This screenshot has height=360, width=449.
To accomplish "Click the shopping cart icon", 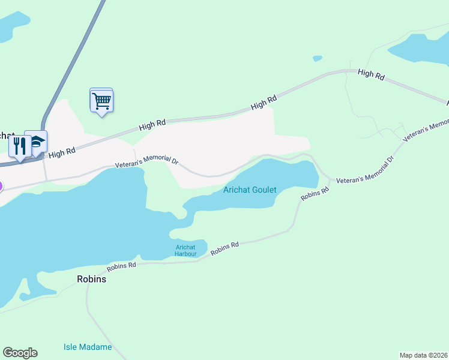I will point(102,101).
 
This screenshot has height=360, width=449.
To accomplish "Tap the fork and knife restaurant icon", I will point(20,146).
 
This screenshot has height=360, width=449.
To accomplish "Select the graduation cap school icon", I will point(37,143).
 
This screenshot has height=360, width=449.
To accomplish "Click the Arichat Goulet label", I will point(250,190).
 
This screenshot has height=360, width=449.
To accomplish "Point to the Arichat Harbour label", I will point(186,251).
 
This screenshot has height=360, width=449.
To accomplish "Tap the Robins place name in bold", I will point(91,279).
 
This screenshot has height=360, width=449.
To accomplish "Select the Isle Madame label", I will point(88,347).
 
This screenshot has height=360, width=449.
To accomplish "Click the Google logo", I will point(20,353).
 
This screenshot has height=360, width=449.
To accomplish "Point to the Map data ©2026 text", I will point(423,355).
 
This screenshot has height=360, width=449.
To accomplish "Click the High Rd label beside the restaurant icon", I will point(62,153).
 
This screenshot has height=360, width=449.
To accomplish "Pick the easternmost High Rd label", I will point(370,74).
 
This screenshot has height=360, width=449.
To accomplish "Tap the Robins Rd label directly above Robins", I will point(122,265).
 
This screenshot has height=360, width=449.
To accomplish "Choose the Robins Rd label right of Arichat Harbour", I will point(225,248).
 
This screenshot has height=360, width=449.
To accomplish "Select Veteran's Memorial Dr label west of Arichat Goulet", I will point(147,162).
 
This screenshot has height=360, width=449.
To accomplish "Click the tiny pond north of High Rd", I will point(317,58).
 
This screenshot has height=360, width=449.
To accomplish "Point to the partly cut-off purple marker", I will point(1,186).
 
